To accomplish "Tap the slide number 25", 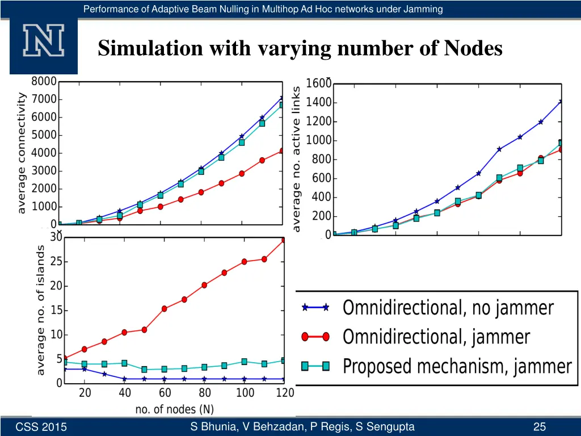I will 540,427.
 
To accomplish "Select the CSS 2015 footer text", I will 41,427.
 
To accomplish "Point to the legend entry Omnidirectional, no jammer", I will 448,308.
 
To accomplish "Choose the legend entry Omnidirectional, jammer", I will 436,337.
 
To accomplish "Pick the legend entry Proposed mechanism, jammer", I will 457,366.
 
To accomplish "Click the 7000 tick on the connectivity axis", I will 44,99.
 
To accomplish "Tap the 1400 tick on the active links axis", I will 318,103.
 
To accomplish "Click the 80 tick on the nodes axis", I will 205,393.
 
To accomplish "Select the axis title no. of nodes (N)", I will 174,409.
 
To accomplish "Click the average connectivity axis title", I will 22,153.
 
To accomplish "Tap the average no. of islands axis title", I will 41,310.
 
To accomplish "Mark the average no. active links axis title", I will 296,159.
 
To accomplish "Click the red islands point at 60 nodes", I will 165,309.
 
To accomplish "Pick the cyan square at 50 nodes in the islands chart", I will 145,370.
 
